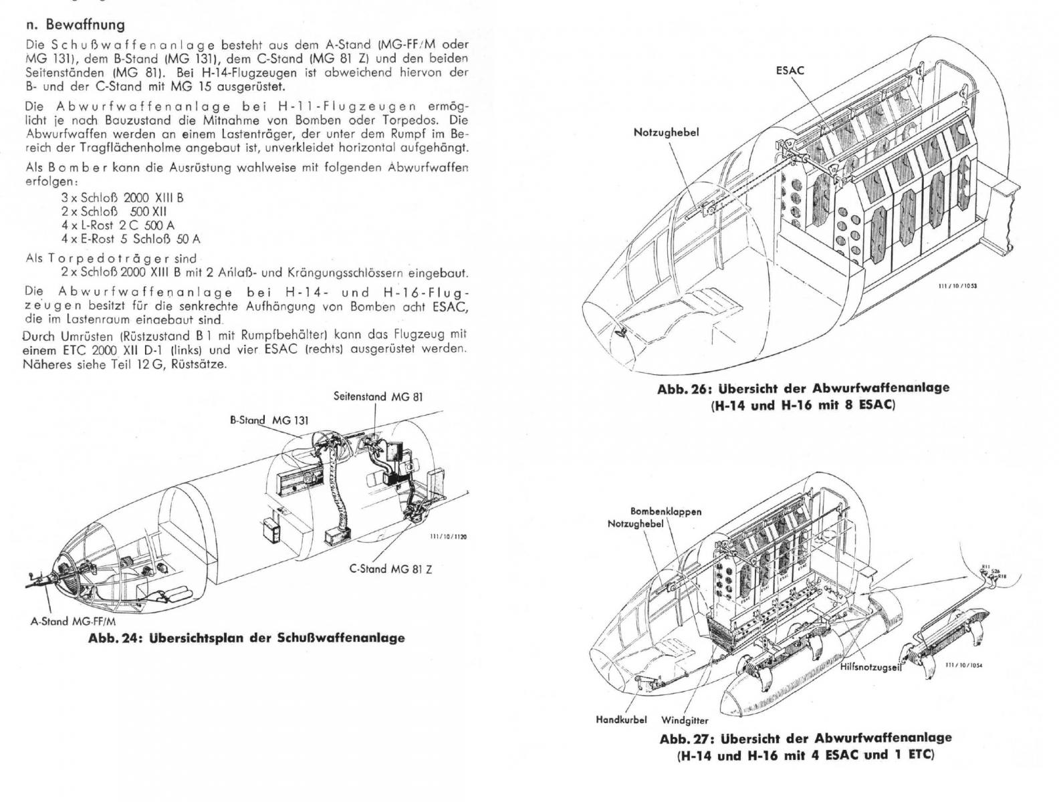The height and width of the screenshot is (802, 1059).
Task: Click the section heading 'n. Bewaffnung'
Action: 74,25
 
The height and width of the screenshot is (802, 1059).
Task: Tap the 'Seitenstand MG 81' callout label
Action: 378,396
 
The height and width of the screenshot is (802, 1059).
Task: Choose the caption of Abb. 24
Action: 247,638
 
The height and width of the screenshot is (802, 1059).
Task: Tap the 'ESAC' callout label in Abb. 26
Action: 790,70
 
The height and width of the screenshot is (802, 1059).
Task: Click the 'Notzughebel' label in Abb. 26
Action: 666,132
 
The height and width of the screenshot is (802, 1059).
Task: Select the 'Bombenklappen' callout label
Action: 666,511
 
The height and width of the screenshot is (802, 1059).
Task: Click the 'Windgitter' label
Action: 685,720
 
